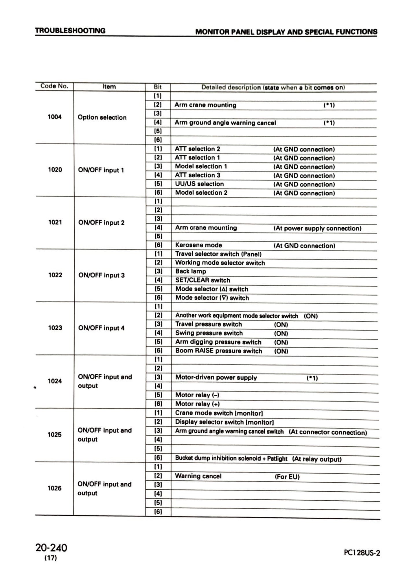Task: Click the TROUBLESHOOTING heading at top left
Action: pyautogui.click(x=70, y=31)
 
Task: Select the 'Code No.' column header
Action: pyautogui.click(x=54, y=86)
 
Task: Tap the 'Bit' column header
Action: pyautogui.click(x=158, y=87)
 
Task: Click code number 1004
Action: pyautogui.click(x=55, y=117)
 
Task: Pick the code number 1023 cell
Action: pyautogui.click(x=55, y=328)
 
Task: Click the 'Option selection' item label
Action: pyautogui.click(x=102, y=117)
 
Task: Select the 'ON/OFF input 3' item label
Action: pyautogui.click(x=102, y=275)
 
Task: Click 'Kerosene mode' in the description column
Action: pyautogui.click(x=198, y=245)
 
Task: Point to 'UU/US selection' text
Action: pyautogui.click(x=199, y=184)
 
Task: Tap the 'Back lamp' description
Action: pyautogui.click(x=191, y=271)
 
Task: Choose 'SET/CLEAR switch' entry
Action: pyautogui.click(x=202, y=280)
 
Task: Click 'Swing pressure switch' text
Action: pyautogui.click(x=209, y=333)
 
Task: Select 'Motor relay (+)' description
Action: pyautogui.click(x=198, y=404)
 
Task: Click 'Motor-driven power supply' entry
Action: pyautogui.click(x=216, y=378)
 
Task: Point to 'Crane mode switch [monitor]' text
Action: pyautogui.click(x=219, y=413)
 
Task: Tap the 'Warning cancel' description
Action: pyautogui.click(x=198, y=476)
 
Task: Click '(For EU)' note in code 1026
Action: pyautogui.click(x=287, y=477)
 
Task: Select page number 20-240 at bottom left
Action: pyautogui.click(x=51, y=547)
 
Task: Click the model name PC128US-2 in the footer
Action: pyautogui.click(x=362, y=553)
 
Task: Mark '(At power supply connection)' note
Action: pyautogui.click(x=317, y=228)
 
